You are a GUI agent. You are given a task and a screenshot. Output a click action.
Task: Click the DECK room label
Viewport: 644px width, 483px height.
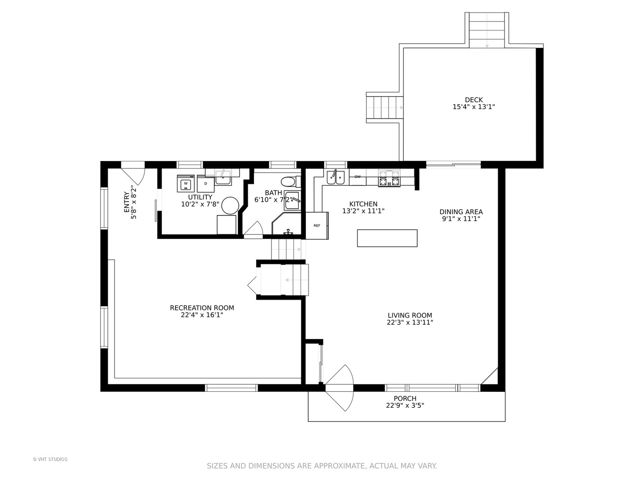tap(474, 100)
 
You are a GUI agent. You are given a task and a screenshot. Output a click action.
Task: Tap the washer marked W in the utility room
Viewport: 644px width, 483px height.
tap(186, 183)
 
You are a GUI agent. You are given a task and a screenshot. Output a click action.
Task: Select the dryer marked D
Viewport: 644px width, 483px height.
tap(205, 184)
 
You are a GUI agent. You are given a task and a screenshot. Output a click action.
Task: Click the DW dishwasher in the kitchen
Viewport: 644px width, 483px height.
tap(357, 177)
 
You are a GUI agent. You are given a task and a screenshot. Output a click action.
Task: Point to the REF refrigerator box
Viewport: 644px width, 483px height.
tap(317, 225)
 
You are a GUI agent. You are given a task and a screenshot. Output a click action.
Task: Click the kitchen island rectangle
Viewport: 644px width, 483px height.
tap(387, 238)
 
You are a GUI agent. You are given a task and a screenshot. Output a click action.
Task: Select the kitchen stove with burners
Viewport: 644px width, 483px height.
tap(390, 178)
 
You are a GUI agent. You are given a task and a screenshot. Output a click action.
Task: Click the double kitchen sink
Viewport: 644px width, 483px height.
tap(336, 177)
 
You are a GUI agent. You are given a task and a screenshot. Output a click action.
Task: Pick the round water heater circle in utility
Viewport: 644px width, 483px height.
tap(230, 206)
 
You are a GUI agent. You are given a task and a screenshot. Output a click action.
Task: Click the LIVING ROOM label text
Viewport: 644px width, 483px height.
tap(410, 316)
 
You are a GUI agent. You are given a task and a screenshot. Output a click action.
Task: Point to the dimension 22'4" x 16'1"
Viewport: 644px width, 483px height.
tap(202, 315)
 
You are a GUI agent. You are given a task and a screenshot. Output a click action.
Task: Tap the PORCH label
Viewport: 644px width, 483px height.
tap(405, 398)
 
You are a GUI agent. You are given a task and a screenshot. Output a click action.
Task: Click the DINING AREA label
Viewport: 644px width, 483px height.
tap(461, 212)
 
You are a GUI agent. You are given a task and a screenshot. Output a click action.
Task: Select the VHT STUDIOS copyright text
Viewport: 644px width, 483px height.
tap(50, 459)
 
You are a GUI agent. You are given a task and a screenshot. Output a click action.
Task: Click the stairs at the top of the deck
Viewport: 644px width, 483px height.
tap(487, 30)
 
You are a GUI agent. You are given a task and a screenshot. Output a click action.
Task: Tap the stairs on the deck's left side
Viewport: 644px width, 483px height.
tap(385, 108)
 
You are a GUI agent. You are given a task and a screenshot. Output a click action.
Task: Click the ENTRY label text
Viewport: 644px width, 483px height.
tap(127, 202)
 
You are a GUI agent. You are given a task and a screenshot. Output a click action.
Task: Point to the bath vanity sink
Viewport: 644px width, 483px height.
tap(292, 201)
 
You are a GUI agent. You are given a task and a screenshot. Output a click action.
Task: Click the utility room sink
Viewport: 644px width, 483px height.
tap(223, 177)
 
